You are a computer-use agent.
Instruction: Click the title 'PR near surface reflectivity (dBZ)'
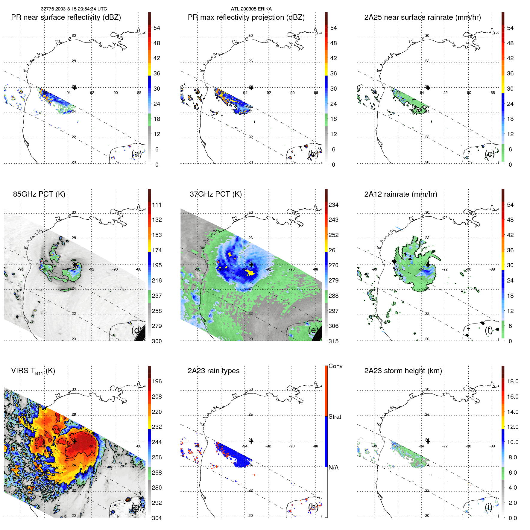[66, 17]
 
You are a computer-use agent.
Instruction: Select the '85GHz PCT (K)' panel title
[39, 194]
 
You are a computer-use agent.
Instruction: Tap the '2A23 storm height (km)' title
[403, 371]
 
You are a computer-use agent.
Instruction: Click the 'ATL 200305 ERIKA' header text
[251, 9]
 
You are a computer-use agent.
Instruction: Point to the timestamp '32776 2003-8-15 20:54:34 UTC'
[74, 9]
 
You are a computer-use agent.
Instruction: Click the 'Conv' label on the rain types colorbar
[335, 366]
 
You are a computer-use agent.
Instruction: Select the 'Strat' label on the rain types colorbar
[335, 417]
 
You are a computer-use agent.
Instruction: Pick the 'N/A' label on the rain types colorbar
[333, 467]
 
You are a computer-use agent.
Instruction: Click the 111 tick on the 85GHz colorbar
[157, 205]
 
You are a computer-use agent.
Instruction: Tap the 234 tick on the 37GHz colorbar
[333, 205]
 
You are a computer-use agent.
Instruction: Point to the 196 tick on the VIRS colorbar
[157, 382]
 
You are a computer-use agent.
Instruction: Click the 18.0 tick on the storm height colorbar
[513, 382]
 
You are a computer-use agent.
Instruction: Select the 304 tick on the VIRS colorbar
[157, 518]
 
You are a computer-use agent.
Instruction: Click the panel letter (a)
[136, 154]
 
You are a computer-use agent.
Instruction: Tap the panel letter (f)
[489, 330]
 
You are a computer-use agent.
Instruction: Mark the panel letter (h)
[313, 507]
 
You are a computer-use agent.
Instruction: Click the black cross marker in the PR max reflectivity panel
[251, 88]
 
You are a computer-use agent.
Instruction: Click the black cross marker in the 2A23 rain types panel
[251, 441]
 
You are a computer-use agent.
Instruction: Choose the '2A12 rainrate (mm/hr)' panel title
[400, 194]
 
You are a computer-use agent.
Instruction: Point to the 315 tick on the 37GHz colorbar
[333, 341]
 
